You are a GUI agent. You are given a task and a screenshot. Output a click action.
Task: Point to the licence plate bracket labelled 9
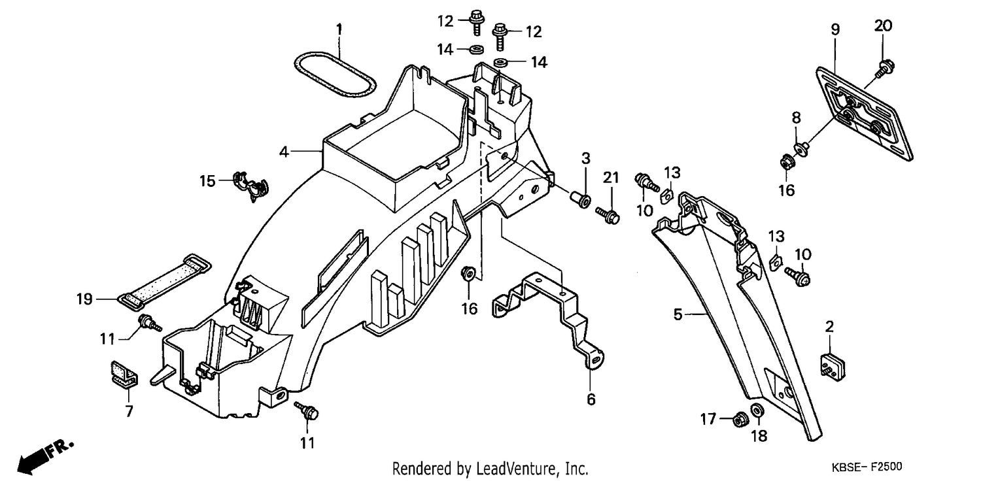coord(865,114)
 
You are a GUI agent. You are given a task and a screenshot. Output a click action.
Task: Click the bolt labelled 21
coord(608,215)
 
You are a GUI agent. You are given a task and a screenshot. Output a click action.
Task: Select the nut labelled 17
coord(740,420)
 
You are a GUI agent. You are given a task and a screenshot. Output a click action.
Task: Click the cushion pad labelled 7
coord(124,374)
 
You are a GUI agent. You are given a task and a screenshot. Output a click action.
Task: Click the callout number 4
coord(284,152)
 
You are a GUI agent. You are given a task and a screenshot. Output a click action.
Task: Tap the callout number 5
coord(678,314)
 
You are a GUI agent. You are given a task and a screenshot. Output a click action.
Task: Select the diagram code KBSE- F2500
coord(867,467)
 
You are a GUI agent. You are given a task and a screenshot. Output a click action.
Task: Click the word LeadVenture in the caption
coord(517,469)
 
